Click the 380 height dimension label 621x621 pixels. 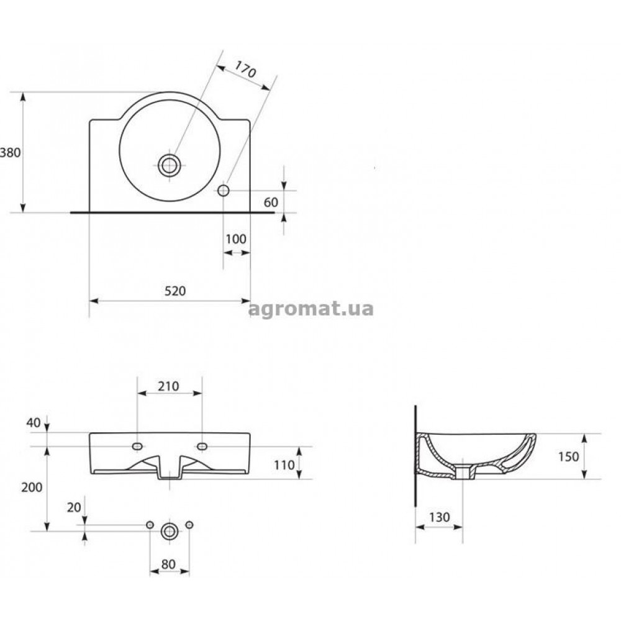click(11, 153)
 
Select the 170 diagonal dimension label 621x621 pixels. click(245, 70)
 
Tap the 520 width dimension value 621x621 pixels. click(175, 291)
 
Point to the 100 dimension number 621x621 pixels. click(235, 239)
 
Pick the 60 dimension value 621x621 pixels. click(271, 202)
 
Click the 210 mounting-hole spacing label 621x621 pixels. click(168, 386)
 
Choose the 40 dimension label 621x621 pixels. click(34, 423)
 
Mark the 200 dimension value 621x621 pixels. click(32, 487)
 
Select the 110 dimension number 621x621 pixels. click(284, 465)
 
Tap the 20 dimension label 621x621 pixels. click(74, 507)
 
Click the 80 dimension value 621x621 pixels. click(168, 564)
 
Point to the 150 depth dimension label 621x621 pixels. click(569, 456)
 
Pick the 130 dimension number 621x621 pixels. click(439, 517)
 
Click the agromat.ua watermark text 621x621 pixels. click(311, 309)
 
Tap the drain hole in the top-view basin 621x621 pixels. click(170, 166)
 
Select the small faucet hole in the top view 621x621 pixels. click(224, 191)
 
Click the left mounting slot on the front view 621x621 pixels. click(137, 446)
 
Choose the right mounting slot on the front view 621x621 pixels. click(202, 446)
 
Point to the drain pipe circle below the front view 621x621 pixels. click(170, 531)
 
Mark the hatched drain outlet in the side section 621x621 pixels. click(463, 473)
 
